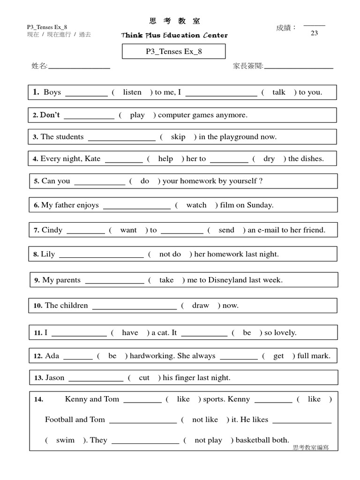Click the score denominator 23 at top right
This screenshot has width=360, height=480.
point(315,33)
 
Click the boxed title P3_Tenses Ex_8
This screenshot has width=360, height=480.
point(174,52)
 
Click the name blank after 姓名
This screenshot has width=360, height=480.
point(79,67)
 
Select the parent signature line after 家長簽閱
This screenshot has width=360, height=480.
point(299,67)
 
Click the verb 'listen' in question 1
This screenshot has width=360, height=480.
point(132,92)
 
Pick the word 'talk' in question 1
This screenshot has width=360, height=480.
point(279,92)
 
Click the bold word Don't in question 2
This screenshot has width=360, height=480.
point(50,115)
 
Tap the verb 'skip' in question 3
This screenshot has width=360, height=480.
point(178,137)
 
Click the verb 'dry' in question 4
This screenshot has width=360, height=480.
point(269,158)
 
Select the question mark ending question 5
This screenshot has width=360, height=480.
point(261,181)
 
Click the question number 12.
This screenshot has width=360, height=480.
point(38,356)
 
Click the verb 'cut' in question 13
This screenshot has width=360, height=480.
point(144,378)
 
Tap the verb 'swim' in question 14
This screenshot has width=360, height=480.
point(65,440)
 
